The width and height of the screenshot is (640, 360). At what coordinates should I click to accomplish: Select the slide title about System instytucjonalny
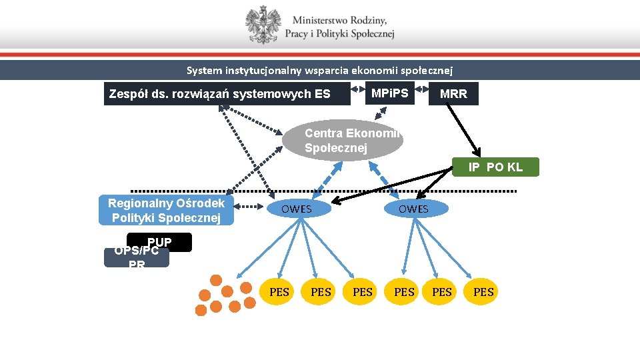[x=319, y=70]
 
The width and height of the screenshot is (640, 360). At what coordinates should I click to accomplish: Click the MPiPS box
[x=390, y=92]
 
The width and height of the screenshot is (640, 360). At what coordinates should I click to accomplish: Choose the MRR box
[x=453, y=94]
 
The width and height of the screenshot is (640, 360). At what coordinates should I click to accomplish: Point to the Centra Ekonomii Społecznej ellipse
[x=344, y=141]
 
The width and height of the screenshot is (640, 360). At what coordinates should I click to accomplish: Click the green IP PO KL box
[x=495, y=167]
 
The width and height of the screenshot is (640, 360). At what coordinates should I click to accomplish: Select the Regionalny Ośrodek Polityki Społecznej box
[x=167, y=210]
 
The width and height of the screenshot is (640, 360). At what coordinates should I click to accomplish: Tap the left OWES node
[x=297, y=209]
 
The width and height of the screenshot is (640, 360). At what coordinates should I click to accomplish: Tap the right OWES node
[x=413, y=209]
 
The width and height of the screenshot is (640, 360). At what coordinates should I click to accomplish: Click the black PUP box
[x=160, y=241]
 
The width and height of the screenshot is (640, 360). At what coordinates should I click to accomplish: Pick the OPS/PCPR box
[x=137, y=257]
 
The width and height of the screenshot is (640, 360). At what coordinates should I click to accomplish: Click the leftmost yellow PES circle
[x=279, y=291]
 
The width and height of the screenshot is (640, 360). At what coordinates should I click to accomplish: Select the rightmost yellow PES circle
[x=483, y=291]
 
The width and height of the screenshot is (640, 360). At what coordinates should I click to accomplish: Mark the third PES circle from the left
[x=363, y=291]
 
